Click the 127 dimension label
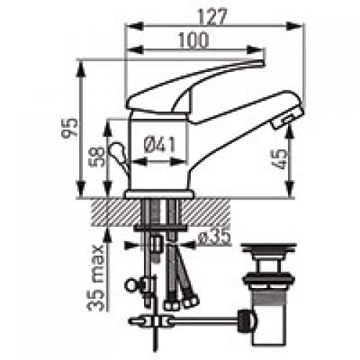click(213, 17)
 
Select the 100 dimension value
click(193, 40)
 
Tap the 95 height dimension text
click(69, 128)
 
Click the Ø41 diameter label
click(160, 145)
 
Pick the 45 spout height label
click(280, 159)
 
